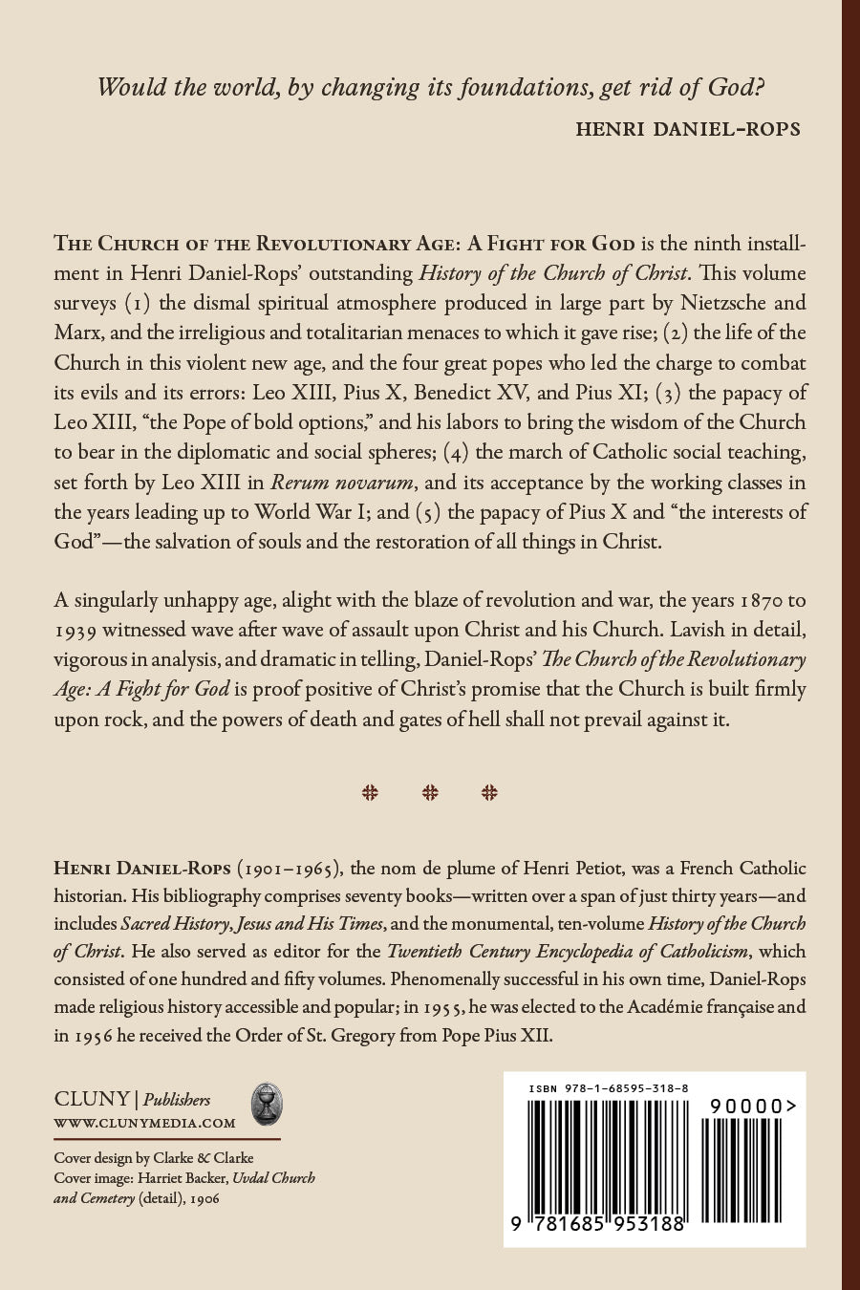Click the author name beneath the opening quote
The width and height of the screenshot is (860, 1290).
click(687, 129)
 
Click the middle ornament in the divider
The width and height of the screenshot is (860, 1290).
click(430, 792)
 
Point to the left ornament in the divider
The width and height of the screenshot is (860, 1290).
click(370, 792)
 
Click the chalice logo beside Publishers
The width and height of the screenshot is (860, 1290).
click(267, 1104)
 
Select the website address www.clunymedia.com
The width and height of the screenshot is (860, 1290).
click(144, 1123)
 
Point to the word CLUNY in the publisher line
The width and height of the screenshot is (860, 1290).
click(90, 1100)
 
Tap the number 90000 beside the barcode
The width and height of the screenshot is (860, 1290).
click(751, 1106)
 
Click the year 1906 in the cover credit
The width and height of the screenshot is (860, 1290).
click(204, 1197)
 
